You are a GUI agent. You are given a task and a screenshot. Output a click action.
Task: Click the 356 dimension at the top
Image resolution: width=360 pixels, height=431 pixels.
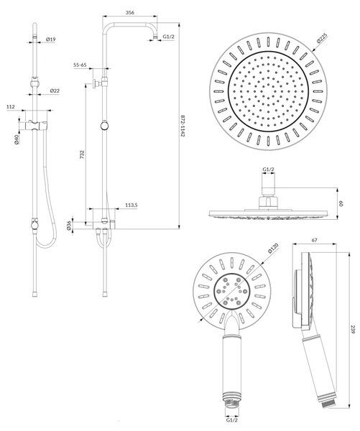(129, 13)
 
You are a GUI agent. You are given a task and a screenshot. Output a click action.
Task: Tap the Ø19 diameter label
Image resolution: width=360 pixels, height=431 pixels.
(51, 40)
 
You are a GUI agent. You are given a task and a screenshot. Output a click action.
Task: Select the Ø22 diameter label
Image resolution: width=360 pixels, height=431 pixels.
(55, 91)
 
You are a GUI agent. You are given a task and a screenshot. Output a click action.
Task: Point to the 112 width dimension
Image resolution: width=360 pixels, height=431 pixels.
(11, 106)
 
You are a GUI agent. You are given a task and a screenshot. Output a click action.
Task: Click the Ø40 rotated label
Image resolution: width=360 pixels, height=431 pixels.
(17, 139)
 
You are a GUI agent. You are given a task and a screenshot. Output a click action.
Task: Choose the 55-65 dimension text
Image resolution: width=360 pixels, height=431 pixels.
(80, 65)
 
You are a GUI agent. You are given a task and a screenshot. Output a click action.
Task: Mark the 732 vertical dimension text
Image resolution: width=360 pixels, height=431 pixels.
(82, 154)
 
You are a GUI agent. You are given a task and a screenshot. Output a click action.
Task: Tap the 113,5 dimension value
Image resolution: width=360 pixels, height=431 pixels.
(131, 205)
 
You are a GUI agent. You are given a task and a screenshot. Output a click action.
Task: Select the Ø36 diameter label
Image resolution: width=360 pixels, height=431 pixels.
(69, 226)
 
